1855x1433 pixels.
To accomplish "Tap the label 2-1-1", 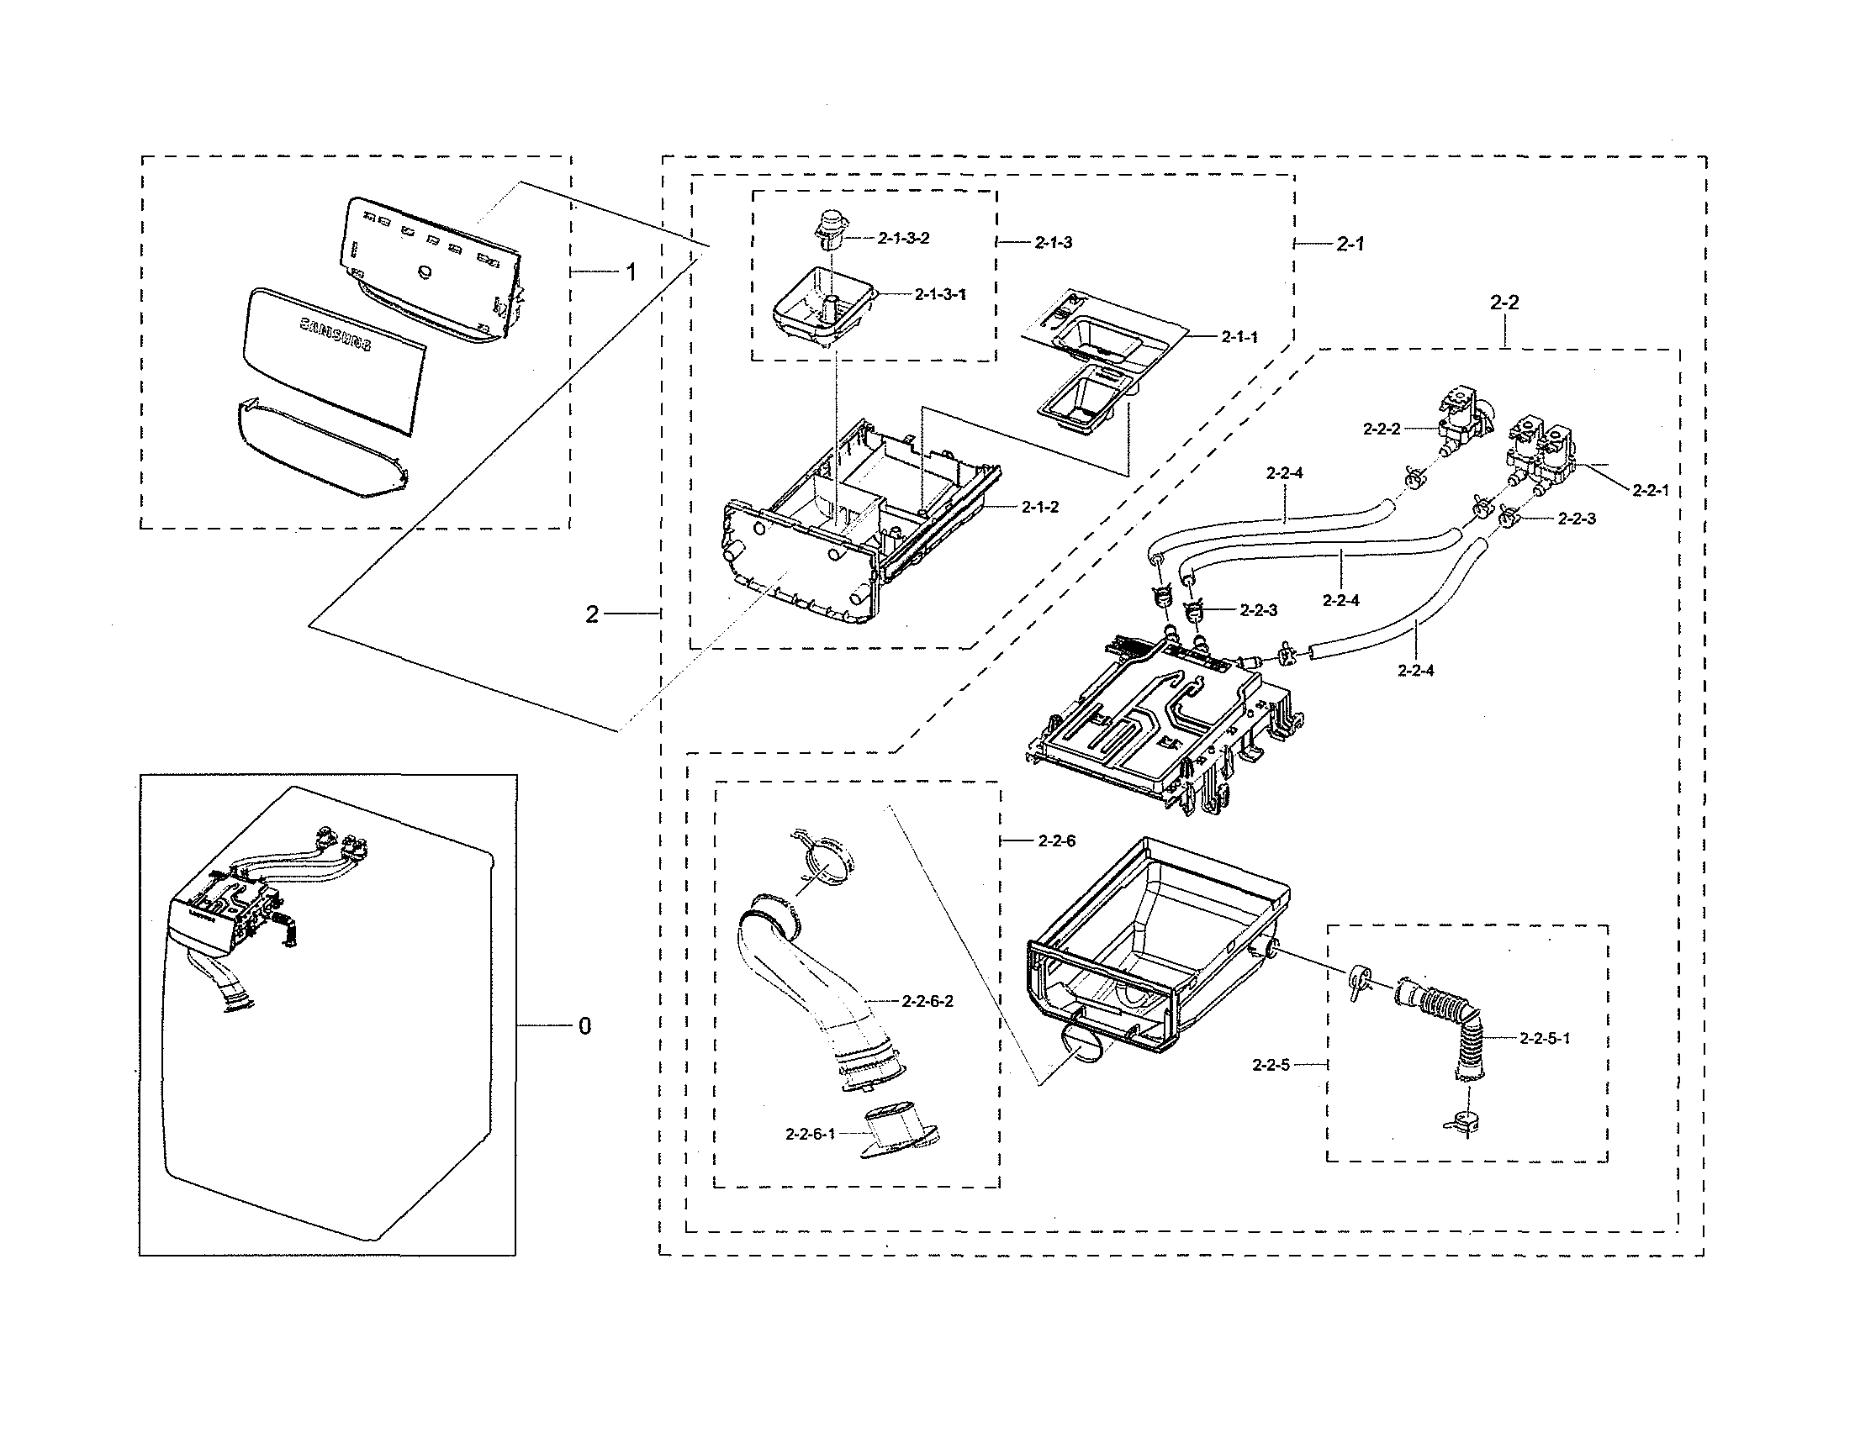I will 1239,337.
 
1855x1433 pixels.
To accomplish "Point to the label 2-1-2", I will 1039,507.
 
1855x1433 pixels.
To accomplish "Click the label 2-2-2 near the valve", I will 1381,429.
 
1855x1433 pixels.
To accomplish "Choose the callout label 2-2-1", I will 1650,490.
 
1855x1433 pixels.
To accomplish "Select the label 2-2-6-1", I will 811,1133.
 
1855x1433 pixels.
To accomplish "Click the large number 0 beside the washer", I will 584,1026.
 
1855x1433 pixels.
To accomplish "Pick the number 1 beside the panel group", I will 630,271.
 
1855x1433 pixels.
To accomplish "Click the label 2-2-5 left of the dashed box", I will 1271,1065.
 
